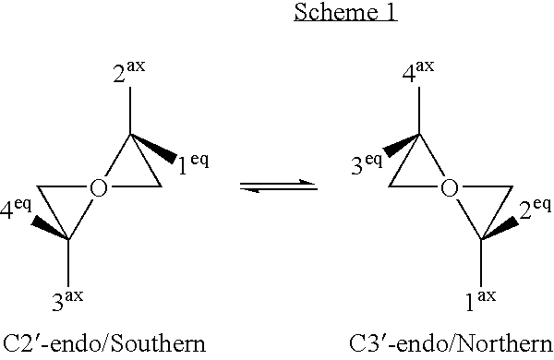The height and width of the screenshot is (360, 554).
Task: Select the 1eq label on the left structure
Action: (x=193, y=165)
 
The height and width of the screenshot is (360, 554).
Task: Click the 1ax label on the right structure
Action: (x=479, y=298)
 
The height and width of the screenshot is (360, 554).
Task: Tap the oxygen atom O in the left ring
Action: (x=100, y=188)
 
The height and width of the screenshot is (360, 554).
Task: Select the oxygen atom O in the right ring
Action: (x=449, y=188)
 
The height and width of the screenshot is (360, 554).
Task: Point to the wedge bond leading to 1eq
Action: (x=153, y=150)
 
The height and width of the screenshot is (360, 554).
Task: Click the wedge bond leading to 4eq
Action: (x=49, y=227)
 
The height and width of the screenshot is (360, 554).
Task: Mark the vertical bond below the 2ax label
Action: (x=130, y=111)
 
